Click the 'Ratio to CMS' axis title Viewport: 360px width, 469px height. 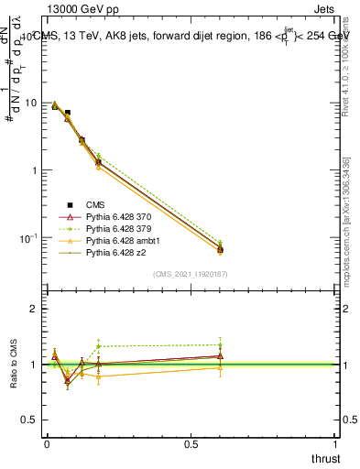click(x=15, y=364)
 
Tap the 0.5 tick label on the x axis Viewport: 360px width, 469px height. click(x=191, y=442)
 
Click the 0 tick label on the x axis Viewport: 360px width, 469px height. click(x=46, y=442)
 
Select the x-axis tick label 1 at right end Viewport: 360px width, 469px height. click(x=337, y=442)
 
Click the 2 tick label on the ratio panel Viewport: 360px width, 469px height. click(x=34, y=309)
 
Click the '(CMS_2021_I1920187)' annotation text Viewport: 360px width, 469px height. click(x=191, y=273)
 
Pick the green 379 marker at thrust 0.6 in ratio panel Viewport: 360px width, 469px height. click(x=221, y=344)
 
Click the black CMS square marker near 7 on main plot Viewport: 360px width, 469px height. click(x=67, y=113)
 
